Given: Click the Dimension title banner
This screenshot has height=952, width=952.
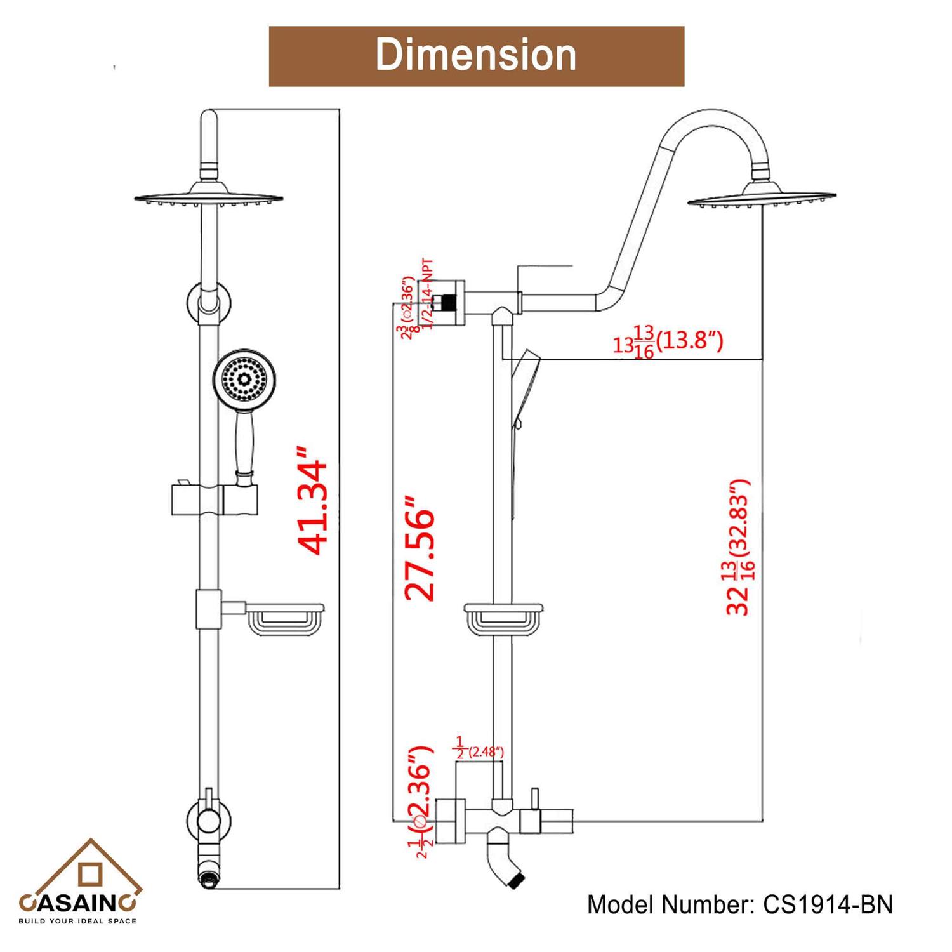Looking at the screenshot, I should (x=476, y=56).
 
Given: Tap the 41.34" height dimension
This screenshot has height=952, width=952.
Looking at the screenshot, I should (x=314, y=501).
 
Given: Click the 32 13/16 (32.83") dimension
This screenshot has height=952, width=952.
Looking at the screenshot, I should (x=739, y=546).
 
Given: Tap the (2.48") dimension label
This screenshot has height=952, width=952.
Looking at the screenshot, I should (x=480, y=751).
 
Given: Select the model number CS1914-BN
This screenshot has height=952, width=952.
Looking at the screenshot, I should (x=739, y=904).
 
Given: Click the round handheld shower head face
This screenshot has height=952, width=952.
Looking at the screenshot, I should (x=239, y=380).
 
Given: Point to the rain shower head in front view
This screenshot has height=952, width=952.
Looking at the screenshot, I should (x=209, y=196).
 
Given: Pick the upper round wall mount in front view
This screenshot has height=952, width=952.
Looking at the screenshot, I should (x=209, y=300).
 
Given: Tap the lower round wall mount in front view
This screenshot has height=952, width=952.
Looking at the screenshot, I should (x=209, y=820).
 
